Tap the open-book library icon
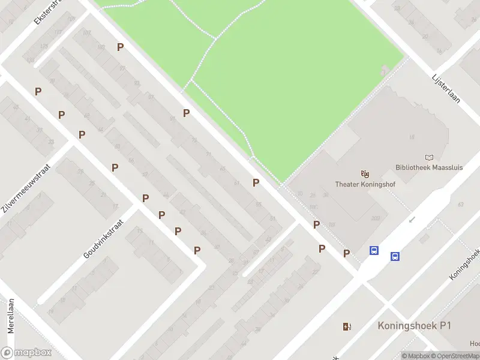[428, 157]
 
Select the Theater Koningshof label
[364, 184]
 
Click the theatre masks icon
[364, 174]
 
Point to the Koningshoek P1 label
[414, 326]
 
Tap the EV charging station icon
[346, 326]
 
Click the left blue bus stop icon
[374, 251]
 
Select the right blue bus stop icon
[395, 256]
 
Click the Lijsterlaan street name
[446, 89]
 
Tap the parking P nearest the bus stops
[346, 253]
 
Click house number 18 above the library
[412, 137]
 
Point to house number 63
[460, 205]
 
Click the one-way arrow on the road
[412, 220]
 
